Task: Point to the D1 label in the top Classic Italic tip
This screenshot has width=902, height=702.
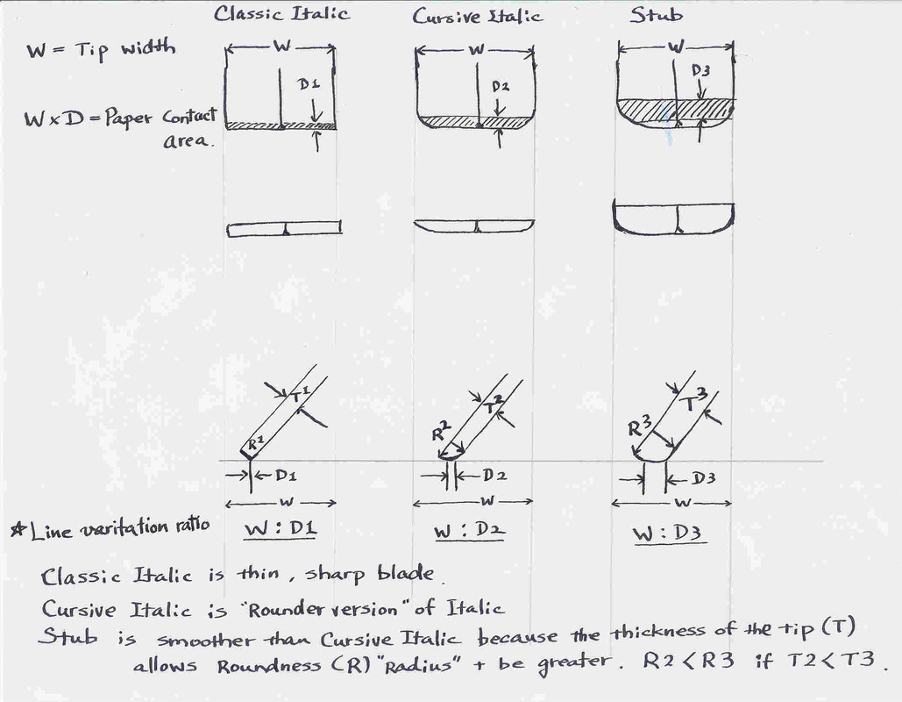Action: (309, 86)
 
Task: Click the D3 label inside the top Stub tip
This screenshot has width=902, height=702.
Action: (701, 69)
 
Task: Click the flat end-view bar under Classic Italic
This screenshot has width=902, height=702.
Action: (283, 230)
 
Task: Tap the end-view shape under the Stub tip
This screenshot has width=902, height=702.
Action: (673, 217)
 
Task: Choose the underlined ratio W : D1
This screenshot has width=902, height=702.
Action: (279, 531)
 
